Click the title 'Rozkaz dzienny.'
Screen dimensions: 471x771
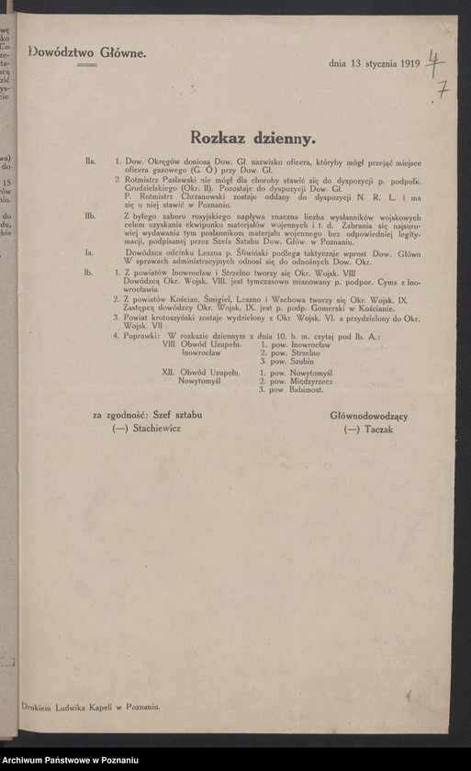click(x=252, y=138)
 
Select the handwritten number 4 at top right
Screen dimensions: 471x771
click(x=435, y=61)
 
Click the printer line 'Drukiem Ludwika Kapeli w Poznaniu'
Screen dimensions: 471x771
click(x=92, y=704)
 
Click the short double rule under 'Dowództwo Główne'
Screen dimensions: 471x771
click(x=88, y=66)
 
